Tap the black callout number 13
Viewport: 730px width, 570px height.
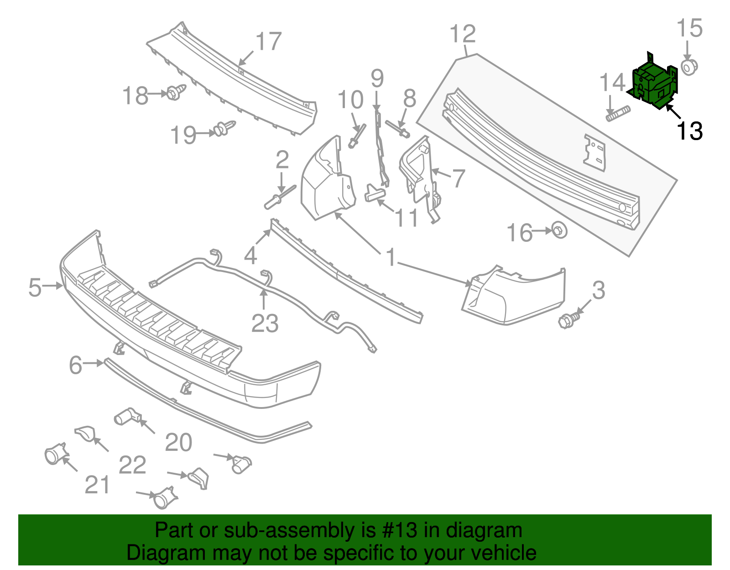tap(689, 131)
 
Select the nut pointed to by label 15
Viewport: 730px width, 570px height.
tap(688, 67)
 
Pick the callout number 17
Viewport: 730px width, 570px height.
tap(268, 42)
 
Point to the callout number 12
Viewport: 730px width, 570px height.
tap(463, 35)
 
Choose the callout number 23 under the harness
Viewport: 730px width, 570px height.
tap(265, 324)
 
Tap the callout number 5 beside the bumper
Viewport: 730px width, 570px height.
tap(35, 288)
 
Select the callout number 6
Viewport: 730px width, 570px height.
tap(75, 365)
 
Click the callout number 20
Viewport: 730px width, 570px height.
tap(178, 443)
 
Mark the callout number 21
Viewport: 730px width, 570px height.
tap(98, 485)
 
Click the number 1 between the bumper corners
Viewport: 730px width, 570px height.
tap(391, 257)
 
